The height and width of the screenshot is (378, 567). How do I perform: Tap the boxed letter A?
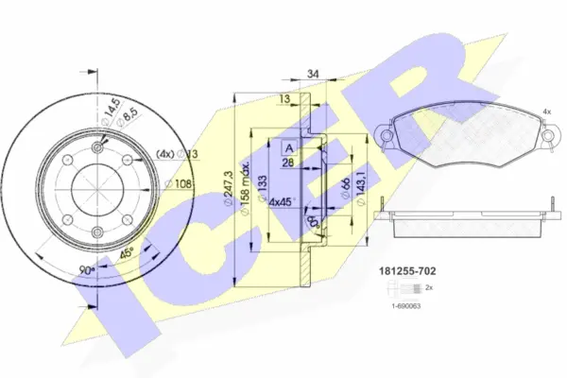point(289,146)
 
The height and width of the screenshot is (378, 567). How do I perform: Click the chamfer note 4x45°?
point(282,200)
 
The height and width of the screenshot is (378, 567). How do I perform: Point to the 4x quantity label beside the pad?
point(546,112)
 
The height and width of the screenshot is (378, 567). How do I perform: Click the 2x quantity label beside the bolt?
point(429,286)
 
